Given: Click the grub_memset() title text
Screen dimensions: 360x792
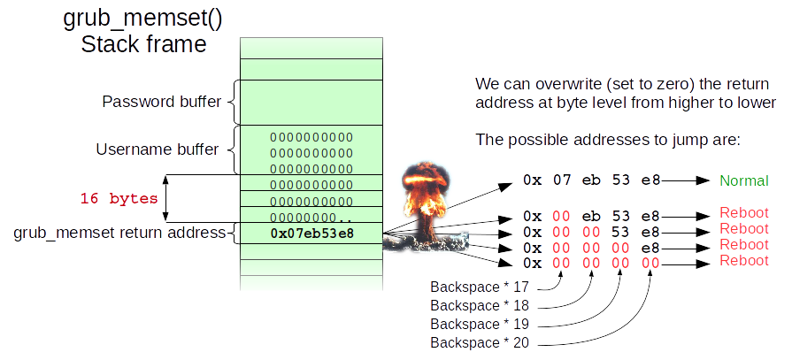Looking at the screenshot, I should [x=143, y=19].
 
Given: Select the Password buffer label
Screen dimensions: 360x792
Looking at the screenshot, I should [x=161, y=102].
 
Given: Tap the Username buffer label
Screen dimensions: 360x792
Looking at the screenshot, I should [x=157, y=149].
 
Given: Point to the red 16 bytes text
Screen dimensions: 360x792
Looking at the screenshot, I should [x=119, y=198].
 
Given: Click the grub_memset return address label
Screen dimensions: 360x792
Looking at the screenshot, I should [x=120, y=234].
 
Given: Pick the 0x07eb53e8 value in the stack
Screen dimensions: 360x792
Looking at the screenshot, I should [x=311, y=234].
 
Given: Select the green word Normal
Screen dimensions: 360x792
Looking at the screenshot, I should [x=742, y=180].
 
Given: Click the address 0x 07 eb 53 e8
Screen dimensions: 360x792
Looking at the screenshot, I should [x=591, y=180].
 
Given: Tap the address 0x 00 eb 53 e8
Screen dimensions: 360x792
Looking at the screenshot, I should [x=591, y=215].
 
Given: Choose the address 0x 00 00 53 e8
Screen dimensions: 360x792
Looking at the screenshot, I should [x=591, y=230].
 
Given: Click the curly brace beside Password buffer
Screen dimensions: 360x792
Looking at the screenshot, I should [x=234, y=102].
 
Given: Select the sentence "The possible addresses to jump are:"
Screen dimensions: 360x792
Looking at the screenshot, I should [x=607, y=140].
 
